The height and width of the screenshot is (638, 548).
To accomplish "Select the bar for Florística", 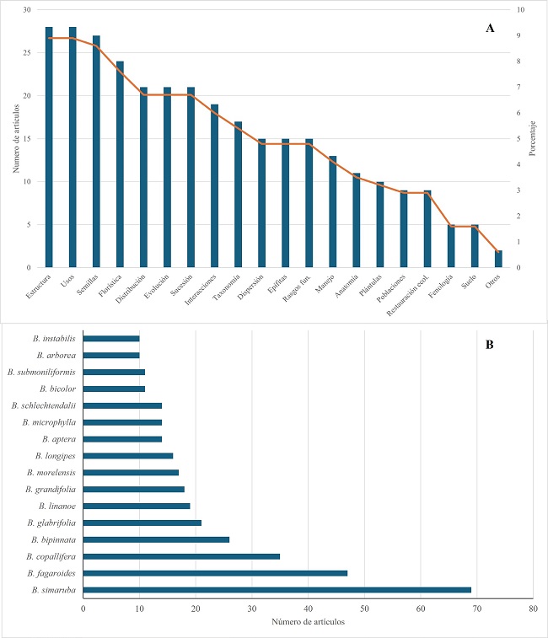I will pyautogui.click(x=120, y=164).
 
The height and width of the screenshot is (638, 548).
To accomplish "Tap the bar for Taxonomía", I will pyautogui.click(x=238, y=195).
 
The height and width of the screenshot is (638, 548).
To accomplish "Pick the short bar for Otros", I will pyautogui.click(x=497, y=259).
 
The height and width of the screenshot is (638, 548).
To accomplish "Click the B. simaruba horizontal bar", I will pyautogui.click(x=277, y=590).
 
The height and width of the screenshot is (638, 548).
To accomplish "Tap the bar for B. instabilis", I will pyautogui.click(x=111, y=338).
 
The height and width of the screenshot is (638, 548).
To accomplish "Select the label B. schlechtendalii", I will pyautogui.click(x=44, y=405).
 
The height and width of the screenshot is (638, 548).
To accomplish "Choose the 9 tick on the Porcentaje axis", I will pyautogui.click(x=517, y=35).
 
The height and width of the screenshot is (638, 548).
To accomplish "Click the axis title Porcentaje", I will pyautogui.click(x=536, y=139).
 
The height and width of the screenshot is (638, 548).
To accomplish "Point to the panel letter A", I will pyautogui.click(x=490, y=28).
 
